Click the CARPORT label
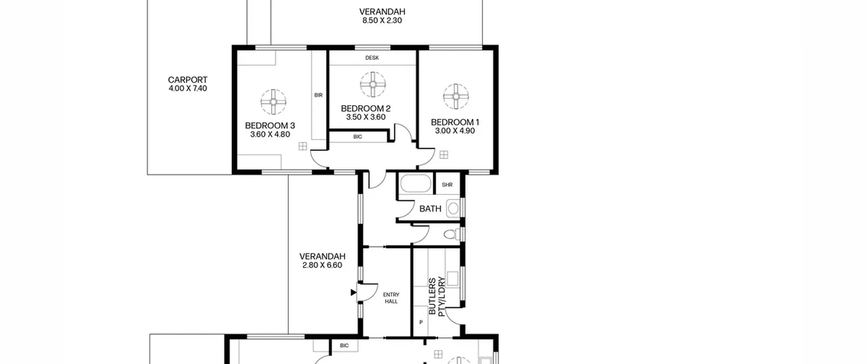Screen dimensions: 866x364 pyautogui.click(x=187, y=80)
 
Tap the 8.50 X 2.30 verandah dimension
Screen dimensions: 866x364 pyautogui.click(x=382, y=20)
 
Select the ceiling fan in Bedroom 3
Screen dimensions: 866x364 pyautogui.click(x=273, y=102)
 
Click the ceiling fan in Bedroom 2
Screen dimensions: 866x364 pyautogui.click(x=373, y=84)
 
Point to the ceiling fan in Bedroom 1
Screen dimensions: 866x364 pyautogui.click(x=456, y=97)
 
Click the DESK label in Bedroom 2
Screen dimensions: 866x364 pyautogui.click(x=372, y=58)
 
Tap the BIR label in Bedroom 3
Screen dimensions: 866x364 pyautogui.click(x=318, y=95)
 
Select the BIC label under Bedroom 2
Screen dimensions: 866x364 pyautogui.click(x=358, y=137)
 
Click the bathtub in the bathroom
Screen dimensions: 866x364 pyautogui.click(x=416, y=184)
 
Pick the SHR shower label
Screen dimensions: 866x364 pyautogui.click(x=447, y=185)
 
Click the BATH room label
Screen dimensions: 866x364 pyautogui.click(x=430, y=209)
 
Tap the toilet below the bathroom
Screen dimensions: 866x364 pyautogui.click(x=452, y=234)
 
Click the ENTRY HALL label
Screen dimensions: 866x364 pyautogui.click(x=391, y=298)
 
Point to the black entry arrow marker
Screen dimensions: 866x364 pyautogui.click(x=354, y=292)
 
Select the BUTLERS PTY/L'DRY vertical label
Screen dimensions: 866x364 pyautogui.click(x=437, y=297)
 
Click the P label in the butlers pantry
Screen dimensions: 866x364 pyautogui.click(x=421, y=322)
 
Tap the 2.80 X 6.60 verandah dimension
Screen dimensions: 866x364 pyautogui.click(x=322, y=265)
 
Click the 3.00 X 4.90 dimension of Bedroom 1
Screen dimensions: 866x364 pyautogui.click(x=455, y=131)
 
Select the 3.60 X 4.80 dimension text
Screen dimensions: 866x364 pyautogui.click(x=270, y=134)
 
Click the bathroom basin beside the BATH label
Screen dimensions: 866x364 pyautogui.click(x=453, y=209)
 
